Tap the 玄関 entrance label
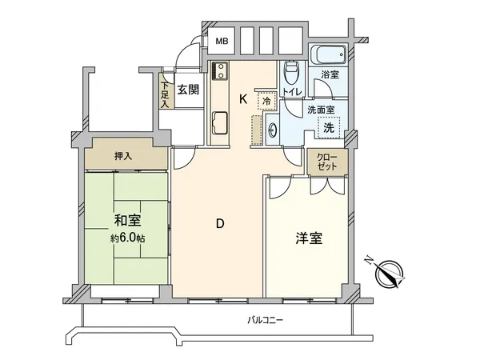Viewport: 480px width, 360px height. (x=188, y=89)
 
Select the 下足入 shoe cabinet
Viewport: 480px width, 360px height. (x=165, y=94)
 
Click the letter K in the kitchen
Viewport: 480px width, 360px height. (x=243, y=99)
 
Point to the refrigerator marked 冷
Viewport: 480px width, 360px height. (x=265, y=102)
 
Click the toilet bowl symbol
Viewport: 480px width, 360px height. (x=292, y=76)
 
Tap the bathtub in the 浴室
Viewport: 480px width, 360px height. (x=327, y=56)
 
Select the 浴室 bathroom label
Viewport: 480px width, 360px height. (x=330, y=75)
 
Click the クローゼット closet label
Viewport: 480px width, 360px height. (x=326, y=162)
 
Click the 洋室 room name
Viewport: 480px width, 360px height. (x=309, y=238)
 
